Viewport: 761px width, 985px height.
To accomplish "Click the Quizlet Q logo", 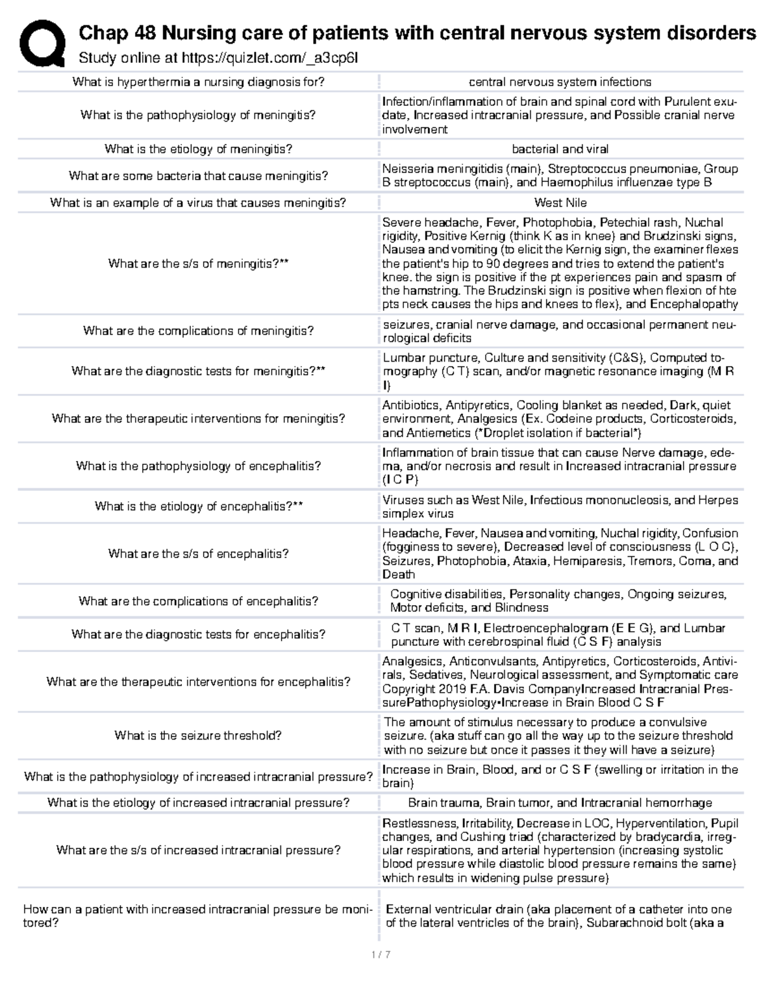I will point(42,42).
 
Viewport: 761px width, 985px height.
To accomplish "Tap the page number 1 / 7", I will point(380,954).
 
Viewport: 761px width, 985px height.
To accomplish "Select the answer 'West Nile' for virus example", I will point(560,203).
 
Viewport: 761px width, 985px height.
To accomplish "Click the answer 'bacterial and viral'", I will point(560,149).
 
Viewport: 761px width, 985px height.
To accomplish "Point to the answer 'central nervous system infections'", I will point(560,82).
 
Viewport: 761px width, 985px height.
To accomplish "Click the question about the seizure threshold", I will point(198,736).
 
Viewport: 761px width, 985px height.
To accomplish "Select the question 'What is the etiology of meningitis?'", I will point(198,149).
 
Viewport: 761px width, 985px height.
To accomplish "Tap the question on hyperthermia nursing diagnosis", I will point(198,82).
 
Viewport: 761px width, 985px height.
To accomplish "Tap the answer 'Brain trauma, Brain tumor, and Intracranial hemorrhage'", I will point(560,803).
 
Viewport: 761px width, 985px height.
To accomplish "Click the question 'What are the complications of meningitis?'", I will point(198,331).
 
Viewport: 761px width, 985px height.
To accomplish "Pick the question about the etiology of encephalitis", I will point(198,506).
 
